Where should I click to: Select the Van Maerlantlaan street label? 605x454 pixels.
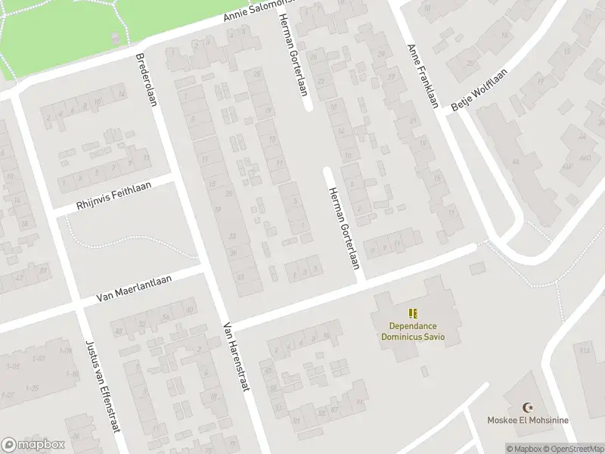pos(134,289)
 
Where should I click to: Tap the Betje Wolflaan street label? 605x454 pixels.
pos(478,92)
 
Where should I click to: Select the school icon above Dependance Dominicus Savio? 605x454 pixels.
pos(413,313)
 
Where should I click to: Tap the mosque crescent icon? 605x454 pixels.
pos(538,408)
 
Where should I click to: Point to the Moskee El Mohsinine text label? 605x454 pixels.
pos(538,421)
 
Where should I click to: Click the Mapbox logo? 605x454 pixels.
pos(33,445)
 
